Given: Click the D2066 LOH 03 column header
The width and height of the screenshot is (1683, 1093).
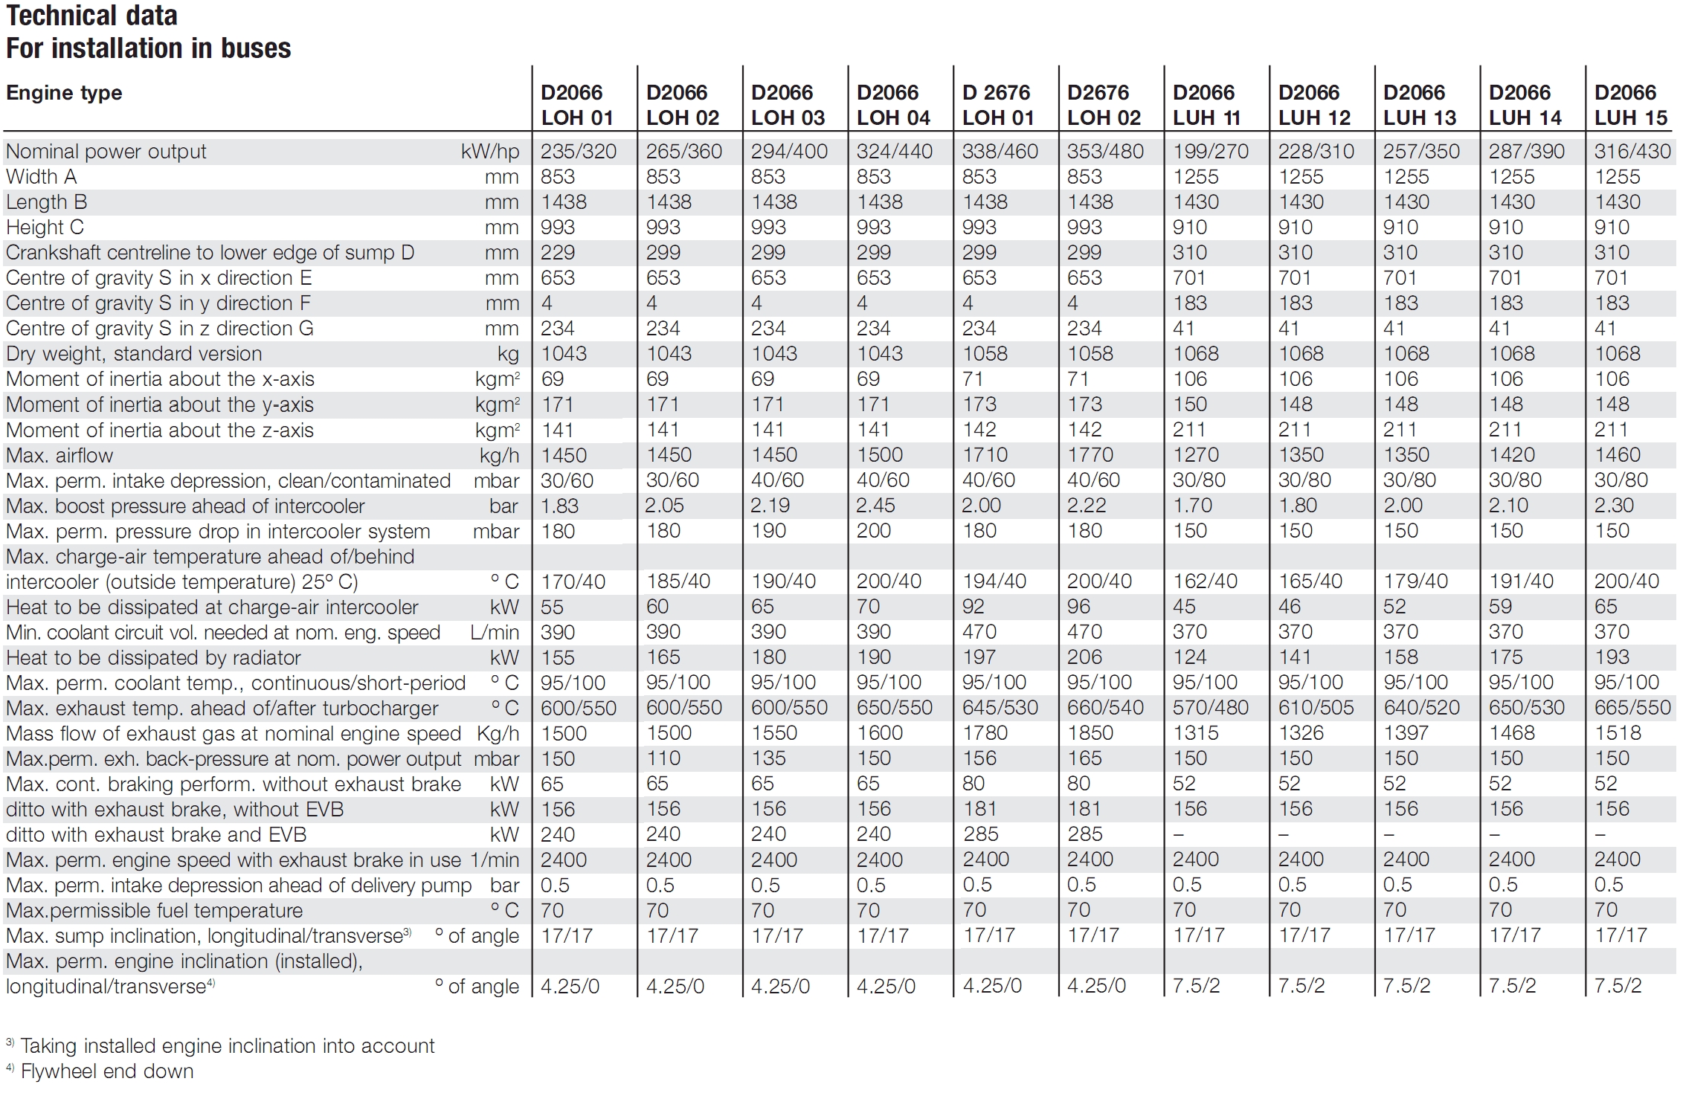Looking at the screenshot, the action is [788, 105].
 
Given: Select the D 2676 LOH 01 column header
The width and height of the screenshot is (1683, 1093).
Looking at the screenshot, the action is [998, 105].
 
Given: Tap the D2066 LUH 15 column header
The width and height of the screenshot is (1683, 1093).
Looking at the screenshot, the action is [1631, 105].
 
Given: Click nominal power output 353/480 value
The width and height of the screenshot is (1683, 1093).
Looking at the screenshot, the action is [1105, 152].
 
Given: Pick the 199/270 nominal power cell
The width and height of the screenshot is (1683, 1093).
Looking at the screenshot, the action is [1211, 152].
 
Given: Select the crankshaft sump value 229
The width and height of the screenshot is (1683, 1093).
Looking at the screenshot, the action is [557, 253].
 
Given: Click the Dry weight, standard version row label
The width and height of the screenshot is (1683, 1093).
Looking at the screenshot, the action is [134, 354].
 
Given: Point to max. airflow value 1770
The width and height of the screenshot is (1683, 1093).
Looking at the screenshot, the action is [1090, 455].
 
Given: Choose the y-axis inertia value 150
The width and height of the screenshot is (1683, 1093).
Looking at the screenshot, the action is [1190, 404].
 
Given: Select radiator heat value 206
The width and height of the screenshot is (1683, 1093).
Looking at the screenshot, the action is [1084, 657].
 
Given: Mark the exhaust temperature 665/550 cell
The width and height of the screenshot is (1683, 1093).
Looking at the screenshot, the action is [1632, 708].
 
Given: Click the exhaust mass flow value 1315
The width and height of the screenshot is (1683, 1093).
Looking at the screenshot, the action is [1196, 733].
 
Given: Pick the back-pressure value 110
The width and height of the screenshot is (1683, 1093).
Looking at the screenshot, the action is [663, 758].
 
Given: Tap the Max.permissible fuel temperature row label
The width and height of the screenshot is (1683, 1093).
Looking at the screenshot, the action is [155, 911].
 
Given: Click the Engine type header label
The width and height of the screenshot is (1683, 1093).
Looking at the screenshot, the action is [64, 94].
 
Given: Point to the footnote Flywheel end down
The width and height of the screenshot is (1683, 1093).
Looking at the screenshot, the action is [107, 1071].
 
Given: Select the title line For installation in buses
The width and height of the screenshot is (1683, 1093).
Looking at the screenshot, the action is [149, 48].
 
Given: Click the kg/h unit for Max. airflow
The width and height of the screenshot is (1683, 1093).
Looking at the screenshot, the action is [499, 456].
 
